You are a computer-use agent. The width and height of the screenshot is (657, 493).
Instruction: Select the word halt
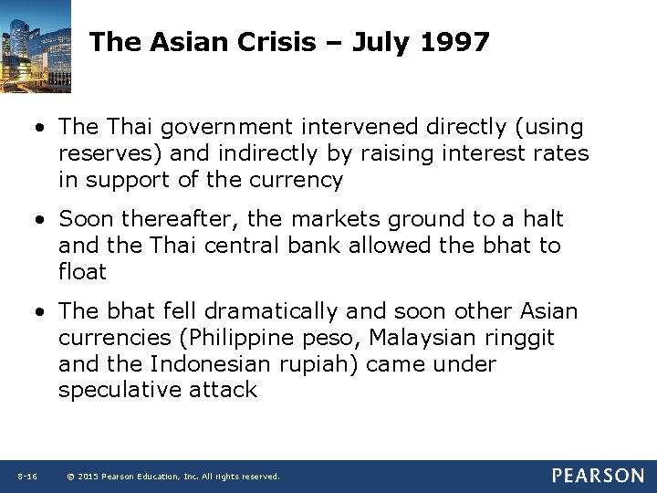pos(544,219)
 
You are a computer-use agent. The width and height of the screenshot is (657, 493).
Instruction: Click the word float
pos(82,272)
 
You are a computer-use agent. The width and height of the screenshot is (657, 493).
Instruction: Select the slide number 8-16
pos(26,477)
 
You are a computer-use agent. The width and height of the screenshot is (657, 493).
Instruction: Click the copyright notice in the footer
pos(173,477)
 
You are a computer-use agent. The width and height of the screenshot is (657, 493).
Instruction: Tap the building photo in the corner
pos(36,46)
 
